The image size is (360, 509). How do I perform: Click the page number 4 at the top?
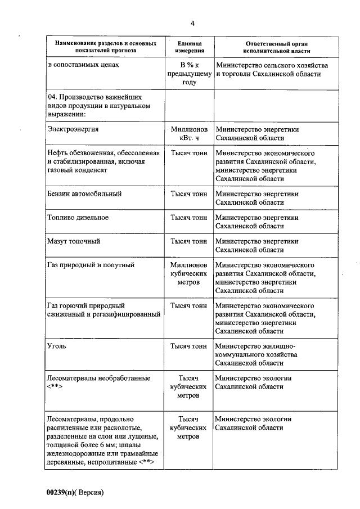point(192,23)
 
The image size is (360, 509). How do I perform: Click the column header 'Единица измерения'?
point(189,47)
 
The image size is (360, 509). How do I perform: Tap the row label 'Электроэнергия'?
point(74,129)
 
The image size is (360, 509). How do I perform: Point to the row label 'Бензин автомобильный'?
point(84,193)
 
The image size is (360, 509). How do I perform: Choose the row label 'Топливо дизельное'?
point(78,217)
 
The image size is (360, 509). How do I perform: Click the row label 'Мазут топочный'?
point(74,241)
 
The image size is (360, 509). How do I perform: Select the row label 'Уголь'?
point(57,346)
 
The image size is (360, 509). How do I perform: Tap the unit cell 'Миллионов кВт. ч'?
point(189,133)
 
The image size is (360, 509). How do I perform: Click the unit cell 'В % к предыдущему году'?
point(189,74)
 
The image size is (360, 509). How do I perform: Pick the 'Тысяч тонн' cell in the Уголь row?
point(189,346)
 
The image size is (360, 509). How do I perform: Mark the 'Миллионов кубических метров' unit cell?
point(189,273)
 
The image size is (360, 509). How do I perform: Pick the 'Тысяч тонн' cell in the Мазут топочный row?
point(189,241)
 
